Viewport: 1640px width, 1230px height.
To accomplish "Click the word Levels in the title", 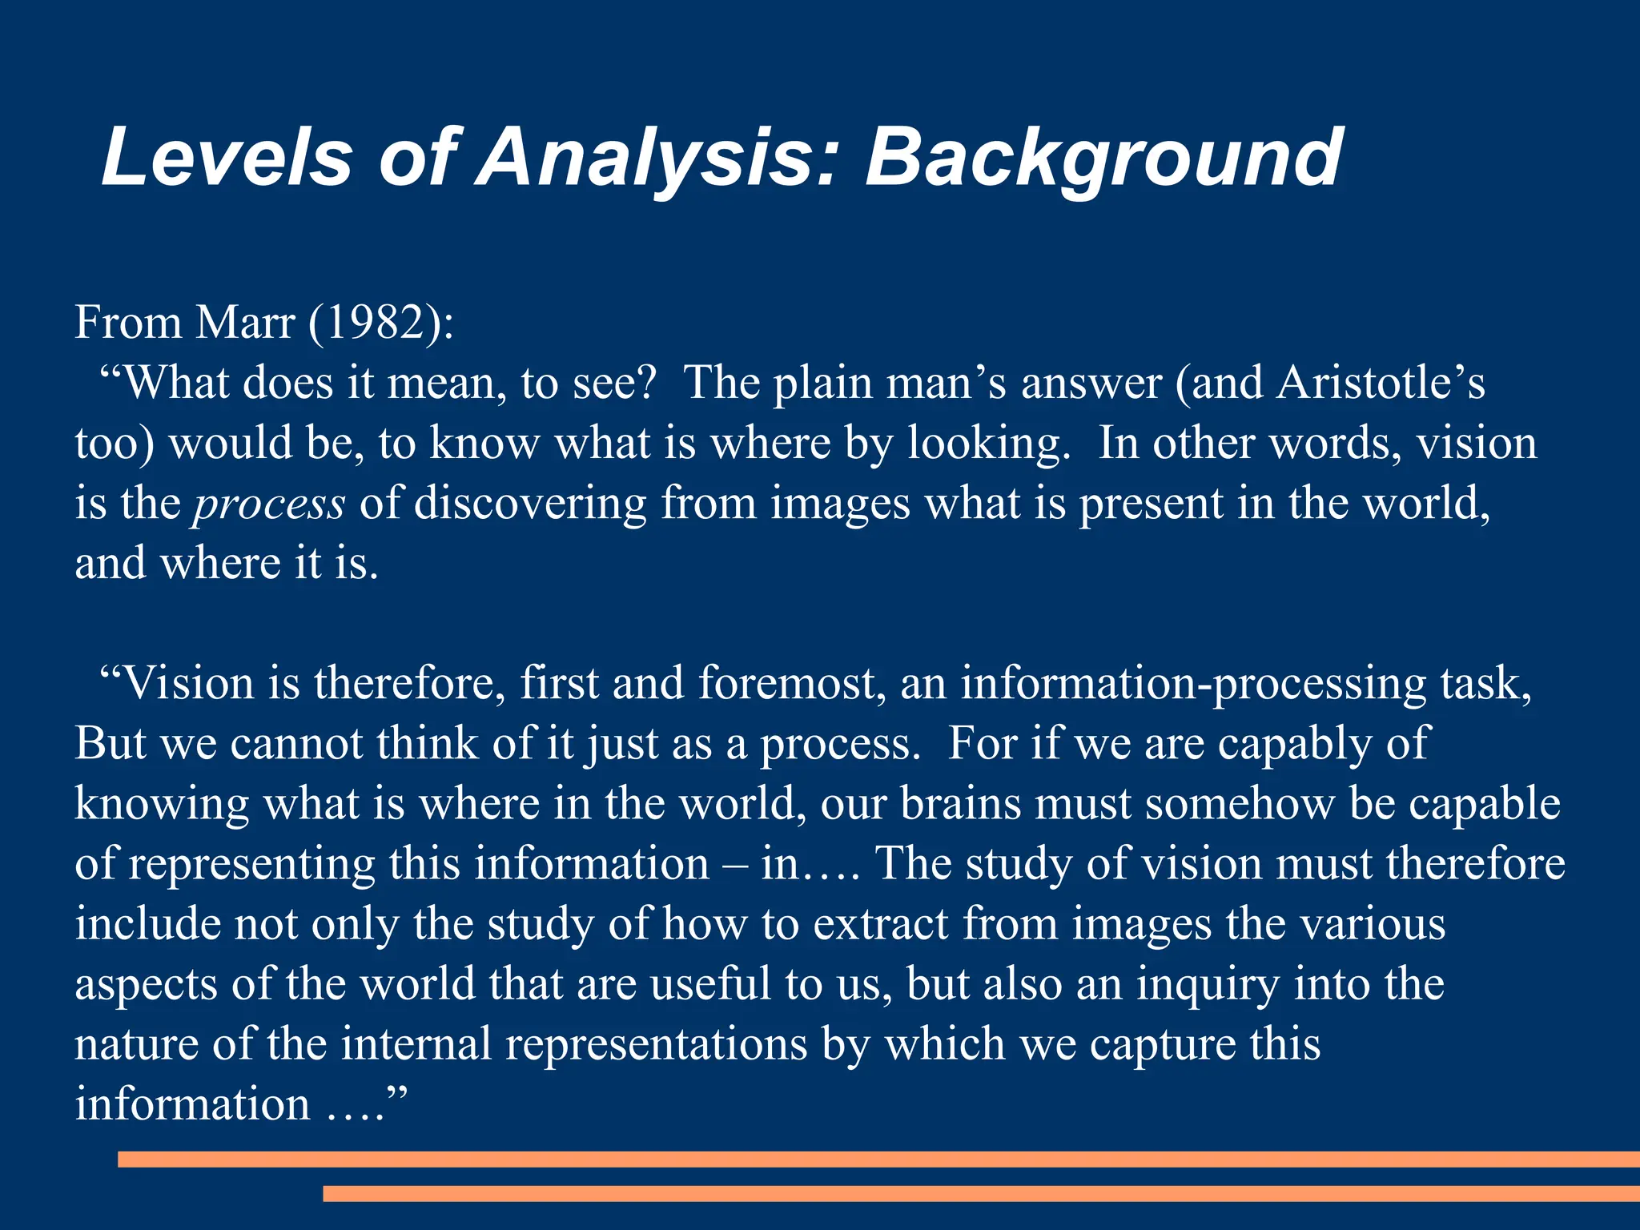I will (x=227, y=157).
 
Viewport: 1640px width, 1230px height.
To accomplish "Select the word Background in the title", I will (x=1103, y=159).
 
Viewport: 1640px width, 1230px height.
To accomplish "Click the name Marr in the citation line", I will (x=245, y=323).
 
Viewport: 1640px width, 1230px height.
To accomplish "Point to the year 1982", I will (x=376, y=323).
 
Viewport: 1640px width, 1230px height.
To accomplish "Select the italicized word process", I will (x=269, y=504).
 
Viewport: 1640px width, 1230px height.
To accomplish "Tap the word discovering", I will (x=529, y=504).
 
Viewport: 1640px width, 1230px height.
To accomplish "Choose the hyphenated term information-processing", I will (x=1193, y=684).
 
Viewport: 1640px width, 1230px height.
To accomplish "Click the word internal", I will (x=416, y=1044).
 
